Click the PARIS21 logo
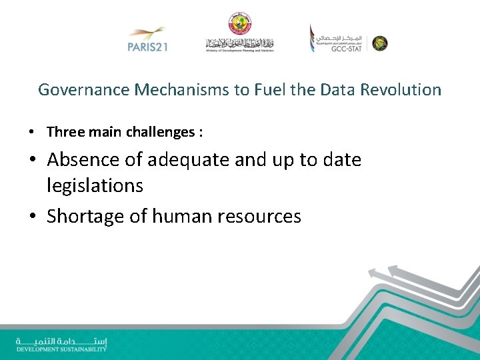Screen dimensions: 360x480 click(x=146, y=39)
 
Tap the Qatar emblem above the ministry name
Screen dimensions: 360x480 click(x=239, y=23)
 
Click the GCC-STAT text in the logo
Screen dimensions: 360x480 click(x=345, y=49)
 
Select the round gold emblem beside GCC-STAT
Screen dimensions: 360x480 click(x=379, y=43)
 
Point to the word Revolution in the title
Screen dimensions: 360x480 click(x=401, y=90)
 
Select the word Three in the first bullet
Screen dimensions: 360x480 click(x=65, y=132)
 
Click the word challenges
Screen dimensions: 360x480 click(x=161, y=133)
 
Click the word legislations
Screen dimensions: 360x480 click(x=95, y=185)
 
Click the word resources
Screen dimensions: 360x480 click(x=260, y=216)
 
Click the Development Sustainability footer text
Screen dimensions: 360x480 click(x=61, y=349)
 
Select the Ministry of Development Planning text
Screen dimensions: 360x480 click(x=239, y=50)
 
